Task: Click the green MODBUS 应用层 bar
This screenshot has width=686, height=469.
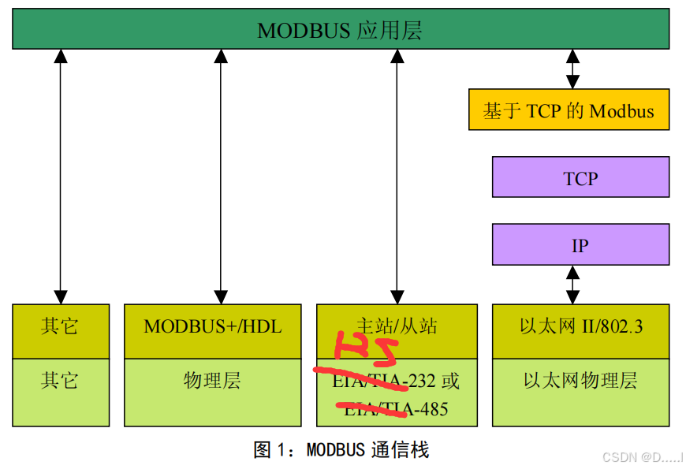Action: coord(341,32)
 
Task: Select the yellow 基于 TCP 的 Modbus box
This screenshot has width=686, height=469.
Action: coord(569,110)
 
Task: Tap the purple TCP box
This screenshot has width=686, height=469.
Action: coord(580,177)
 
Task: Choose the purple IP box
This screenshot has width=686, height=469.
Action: coord(580,245)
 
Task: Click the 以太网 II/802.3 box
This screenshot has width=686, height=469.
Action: coord(580,326)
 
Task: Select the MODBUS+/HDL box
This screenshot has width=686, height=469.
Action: coord(212,326)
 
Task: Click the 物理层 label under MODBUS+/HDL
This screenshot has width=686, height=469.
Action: coord(212,382)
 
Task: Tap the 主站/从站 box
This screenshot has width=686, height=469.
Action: coord(397,326)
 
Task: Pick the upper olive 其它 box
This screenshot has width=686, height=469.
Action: coord(61,326)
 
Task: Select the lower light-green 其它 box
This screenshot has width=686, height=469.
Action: coord(61,382)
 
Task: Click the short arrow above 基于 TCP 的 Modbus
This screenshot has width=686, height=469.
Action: coord(572,69)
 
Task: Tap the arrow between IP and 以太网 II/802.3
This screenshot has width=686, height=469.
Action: coord(572,284)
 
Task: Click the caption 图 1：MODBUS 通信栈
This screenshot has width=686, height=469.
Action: coord(341,450)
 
